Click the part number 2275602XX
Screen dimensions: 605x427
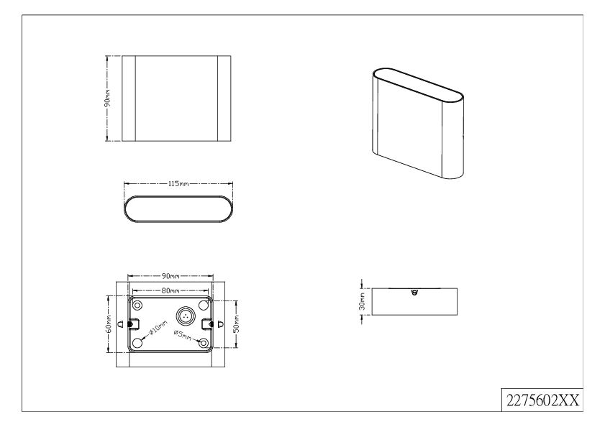542,400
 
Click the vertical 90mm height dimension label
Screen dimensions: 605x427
108,98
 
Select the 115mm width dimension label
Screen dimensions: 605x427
178,184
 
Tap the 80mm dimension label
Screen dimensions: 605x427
170,290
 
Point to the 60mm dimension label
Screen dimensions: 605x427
109,323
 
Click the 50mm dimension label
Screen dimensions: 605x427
237,323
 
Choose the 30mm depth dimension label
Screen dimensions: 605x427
362,301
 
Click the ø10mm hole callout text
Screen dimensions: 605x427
158,329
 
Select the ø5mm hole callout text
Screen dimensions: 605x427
183,335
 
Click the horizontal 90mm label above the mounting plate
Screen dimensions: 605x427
170,276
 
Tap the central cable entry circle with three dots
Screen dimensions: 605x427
185,316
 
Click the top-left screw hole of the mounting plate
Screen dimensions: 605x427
137,306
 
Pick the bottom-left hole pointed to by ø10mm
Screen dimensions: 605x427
137,342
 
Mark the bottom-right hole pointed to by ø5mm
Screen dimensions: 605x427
204,342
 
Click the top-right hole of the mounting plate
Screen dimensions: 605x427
204,306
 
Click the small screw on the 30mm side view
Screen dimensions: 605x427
414,292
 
